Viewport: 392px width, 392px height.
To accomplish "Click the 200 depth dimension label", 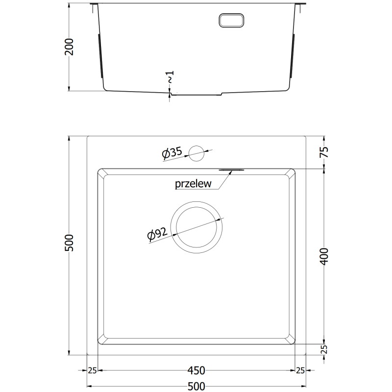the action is click(x=69, y=47).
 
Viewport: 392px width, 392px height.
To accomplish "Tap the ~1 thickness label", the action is click(x=170, y=77).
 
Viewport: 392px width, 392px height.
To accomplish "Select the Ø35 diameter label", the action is click(x=172, y=152).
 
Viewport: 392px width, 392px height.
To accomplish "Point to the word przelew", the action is click(x=193, y=184).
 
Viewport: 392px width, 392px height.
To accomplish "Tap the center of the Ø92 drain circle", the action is click(x=196, y=227).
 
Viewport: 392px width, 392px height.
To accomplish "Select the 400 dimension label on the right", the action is click(x=324, y=256).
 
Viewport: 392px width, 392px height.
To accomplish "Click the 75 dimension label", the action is click(x=324, y=152).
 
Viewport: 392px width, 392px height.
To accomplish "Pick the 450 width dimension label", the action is click(x=196, y=370).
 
